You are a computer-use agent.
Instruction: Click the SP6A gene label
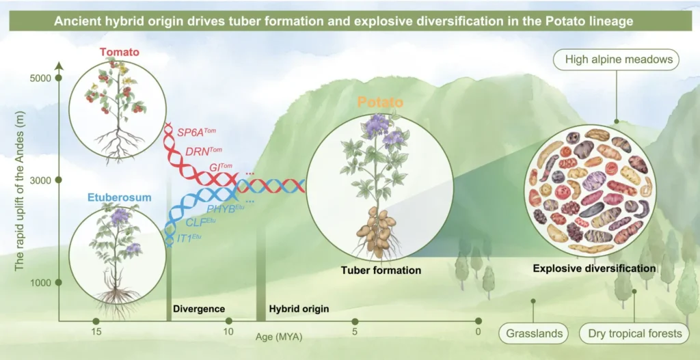click(x=196, y=130)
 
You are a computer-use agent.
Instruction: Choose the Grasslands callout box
click(x=535, y=333)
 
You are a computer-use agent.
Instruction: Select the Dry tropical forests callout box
click(x=635, y=333)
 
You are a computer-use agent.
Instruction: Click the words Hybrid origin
click(x=299, y=309)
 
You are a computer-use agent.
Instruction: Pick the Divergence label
click(x=199, y=309)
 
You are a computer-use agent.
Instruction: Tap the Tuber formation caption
click(x=381, y=271)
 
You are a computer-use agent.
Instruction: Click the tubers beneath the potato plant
click(x=378, y=230)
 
